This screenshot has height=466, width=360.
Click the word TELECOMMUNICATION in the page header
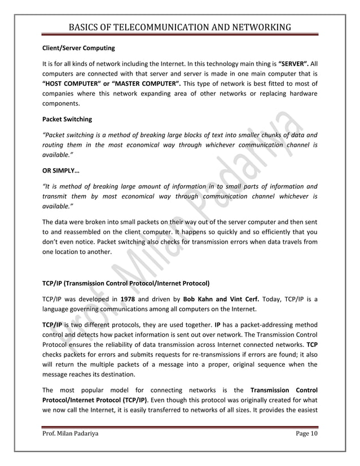[x=156, y=27]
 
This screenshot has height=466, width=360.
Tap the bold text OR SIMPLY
[x=62, y=170]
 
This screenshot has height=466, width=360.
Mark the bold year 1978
[x=128, y=297]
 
